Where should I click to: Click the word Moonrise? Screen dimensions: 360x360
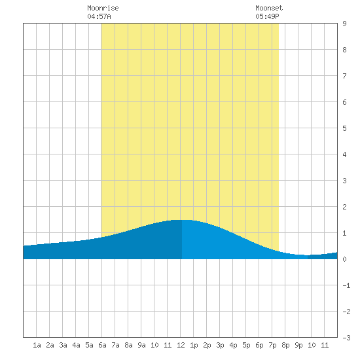[x=103, y=8]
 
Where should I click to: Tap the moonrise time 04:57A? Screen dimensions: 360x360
[x=99, y=16]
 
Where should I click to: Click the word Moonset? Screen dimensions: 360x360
[x=269, y=8]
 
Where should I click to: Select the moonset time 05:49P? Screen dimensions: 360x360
[x=267, y=16]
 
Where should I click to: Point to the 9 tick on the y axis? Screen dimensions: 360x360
[x=344, y=24]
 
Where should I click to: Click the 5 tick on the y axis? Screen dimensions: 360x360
[x=344, y=128]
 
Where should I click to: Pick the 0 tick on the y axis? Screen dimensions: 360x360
[x=344, y=259]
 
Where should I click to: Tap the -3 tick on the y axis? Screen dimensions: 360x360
[x=346, y=338]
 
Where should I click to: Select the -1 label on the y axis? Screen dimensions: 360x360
[x=346, y=285]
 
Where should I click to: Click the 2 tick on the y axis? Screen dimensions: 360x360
[x=344, y=207]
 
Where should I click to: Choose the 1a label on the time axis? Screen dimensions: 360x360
[x=37, y=345]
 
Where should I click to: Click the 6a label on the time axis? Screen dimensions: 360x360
[x=102, y=345]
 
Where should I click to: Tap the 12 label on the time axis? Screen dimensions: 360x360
[x=181, y=345]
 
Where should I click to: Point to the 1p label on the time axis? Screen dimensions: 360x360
[x=194, y=345]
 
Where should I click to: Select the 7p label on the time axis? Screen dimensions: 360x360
[x=272, y=345]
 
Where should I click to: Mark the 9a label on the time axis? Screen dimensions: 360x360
[x=141, y=345]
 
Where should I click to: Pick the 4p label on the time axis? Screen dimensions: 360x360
[x=233, y=345]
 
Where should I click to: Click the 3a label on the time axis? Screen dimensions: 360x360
[x=63, y=345]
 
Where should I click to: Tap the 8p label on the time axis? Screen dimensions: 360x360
[x=285, y=345]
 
